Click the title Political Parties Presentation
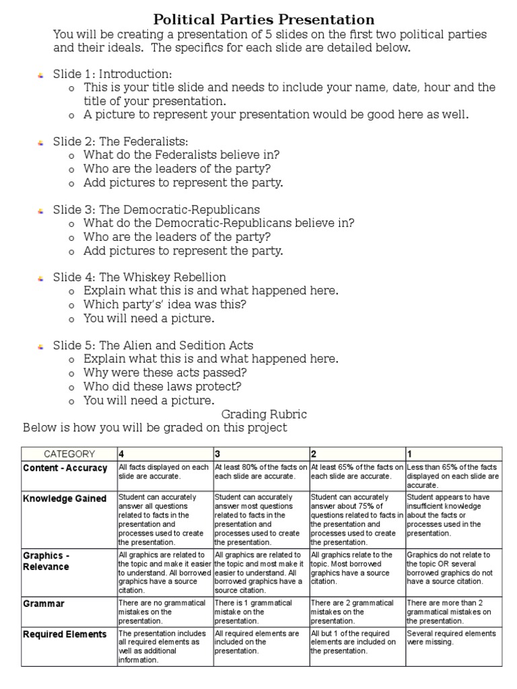pyautogui.click(x=264, y=20)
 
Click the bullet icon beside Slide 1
pyautogui.click(x=40, y=74)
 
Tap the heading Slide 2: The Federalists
pyautogui.click(x=120, y=141)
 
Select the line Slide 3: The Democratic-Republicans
pyautogui.click(x=156, y=209)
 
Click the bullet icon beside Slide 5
pyautogui.click(x=40, y=346)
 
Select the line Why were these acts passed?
pyautogui.click(x=165, y=372)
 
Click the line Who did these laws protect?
pyautogui.click(x=162, y=386)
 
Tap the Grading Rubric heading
pyautogui.click(x=264, y=414)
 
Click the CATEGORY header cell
pyautogui.click(x=69, y=454)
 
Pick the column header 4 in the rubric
pyautogui.click(x=122, y=454)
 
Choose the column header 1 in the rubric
pyautogui.click(x=410, y=454)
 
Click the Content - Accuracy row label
pyautogui.click(x=65, y=468)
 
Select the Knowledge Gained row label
pyautogui.click(x=65, y=499)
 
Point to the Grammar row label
pyautogui.click(x=44, y=604)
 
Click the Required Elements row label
pyautogui.click(x=65, y=634)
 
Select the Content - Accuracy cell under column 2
pyautogui.click(x=357, y=471)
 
